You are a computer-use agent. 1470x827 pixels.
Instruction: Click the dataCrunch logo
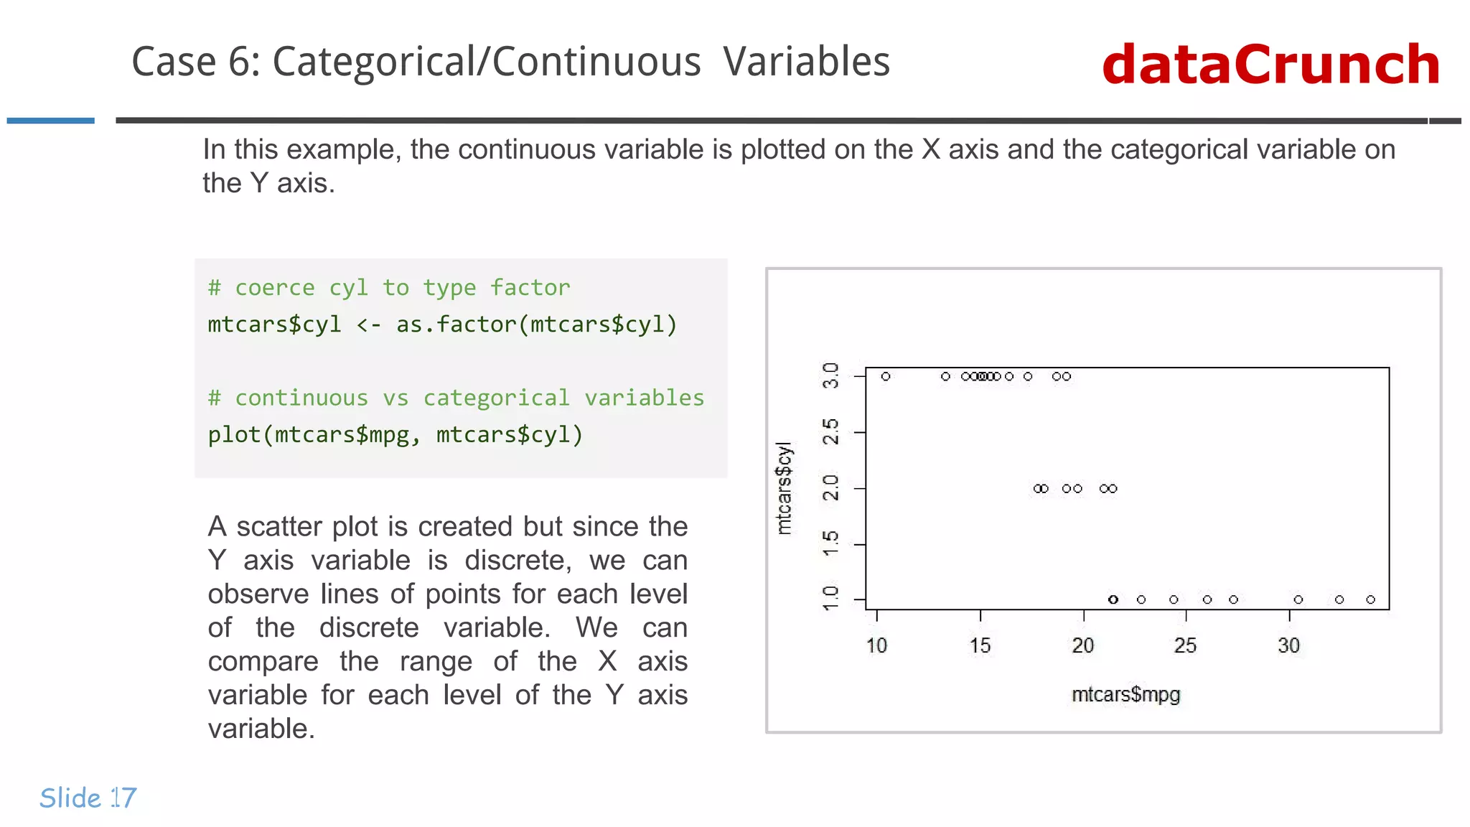coord(1270,65)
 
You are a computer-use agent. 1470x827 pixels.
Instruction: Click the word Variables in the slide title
coord(806,62)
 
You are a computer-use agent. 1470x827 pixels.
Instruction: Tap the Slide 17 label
coord(88,798)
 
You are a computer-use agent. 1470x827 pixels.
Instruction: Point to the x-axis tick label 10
coord(876,645)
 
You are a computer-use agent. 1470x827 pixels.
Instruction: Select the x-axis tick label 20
coord(1082,645)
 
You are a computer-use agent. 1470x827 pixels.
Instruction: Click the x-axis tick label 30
coord(1288,645)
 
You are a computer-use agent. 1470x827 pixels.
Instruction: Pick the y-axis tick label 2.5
coord(830,432)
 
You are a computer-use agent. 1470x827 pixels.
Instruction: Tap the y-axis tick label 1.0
coord(830,598)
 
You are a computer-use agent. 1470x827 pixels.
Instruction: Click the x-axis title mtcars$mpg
coord(1125,694)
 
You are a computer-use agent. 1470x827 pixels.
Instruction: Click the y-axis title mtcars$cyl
coord(784,488)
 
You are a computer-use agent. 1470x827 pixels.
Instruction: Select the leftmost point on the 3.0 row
coord(886,376)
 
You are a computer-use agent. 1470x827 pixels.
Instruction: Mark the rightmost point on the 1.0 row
coord(1370,599)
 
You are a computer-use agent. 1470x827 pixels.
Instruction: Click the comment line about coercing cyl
coord(388,288)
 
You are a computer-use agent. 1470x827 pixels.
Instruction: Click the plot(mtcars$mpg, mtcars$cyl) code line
coord(395,434)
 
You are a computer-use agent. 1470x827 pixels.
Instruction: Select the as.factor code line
coord(442,324)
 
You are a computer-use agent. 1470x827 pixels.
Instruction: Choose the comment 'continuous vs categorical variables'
coord(456,398)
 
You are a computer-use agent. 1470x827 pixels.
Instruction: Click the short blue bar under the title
coord(50,121)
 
